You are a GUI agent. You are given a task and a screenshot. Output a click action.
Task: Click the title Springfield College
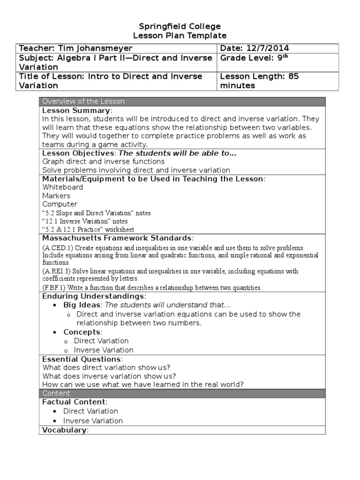click(180, 26)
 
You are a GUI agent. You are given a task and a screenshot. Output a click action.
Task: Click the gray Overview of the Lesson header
click(83, 101)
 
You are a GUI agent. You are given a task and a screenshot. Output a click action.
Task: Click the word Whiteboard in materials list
click(62, 187)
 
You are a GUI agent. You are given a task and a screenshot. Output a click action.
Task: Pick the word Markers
click(56, 195)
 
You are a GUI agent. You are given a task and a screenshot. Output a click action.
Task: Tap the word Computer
click(60, 204)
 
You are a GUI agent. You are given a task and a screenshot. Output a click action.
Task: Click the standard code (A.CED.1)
click(57, 248)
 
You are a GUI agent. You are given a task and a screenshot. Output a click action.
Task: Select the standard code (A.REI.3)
click(57, 271)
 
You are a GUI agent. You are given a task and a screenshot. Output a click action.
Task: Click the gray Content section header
click(56, 393)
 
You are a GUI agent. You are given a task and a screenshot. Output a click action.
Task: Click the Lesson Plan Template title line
click(180, 36)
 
